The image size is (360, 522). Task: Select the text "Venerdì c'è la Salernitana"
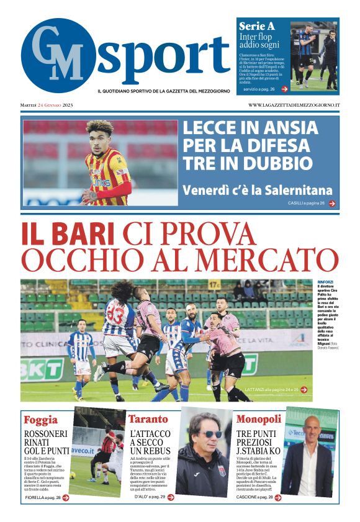click(258, 190)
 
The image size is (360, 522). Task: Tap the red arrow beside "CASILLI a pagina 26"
click(332, 204)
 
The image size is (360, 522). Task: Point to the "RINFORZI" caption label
click(325, 282)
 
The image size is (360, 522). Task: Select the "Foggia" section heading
click(40, 419)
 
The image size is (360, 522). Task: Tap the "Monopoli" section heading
click(258, 419)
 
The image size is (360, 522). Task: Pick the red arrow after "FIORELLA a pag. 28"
click(65, 497)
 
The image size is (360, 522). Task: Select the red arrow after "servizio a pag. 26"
click(284, 89)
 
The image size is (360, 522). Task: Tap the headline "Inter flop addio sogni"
click(259, 41)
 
